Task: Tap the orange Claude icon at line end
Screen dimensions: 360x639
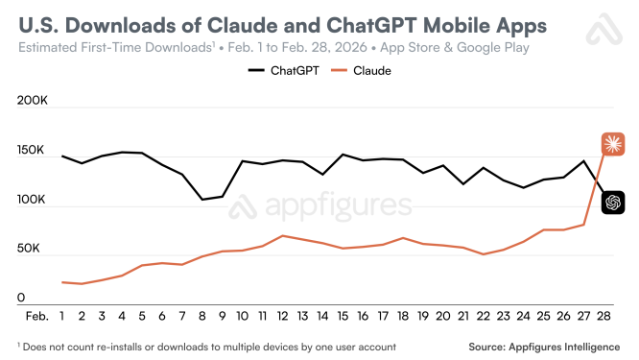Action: pos(613,145)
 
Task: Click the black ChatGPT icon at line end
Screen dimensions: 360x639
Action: pos(613,203)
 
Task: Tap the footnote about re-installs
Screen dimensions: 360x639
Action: pos(206,346)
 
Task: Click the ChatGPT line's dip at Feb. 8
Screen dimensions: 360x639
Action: pos(202,200)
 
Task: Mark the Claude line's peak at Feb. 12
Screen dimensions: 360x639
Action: pos(282,235)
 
